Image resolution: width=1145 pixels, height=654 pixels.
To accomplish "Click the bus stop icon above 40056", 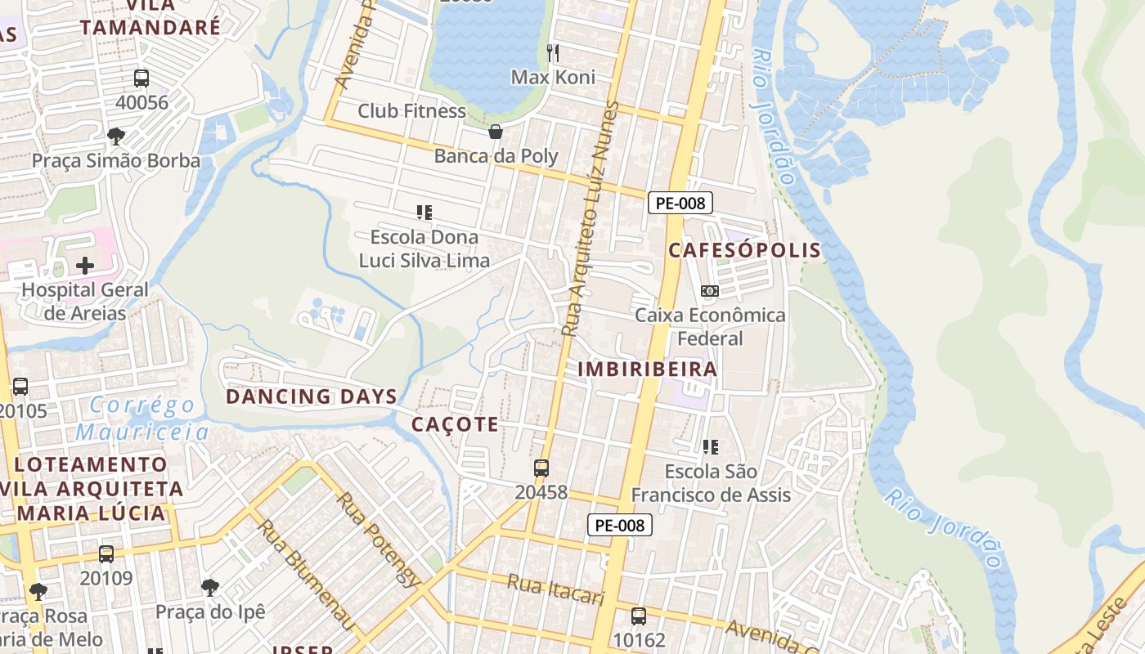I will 141,78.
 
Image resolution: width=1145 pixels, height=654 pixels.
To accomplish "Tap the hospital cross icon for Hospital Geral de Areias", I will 85,266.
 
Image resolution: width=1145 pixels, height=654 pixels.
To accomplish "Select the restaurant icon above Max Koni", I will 553,53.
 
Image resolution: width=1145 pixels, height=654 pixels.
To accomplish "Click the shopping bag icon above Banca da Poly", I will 495,132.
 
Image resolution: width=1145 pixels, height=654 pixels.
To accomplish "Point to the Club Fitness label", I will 411,111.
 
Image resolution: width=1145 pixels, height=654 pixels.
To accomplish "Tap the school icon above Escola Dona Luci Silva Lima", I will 424,213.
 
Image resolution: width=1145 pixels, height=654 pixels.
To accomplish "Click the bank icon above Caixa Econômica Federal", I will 710,290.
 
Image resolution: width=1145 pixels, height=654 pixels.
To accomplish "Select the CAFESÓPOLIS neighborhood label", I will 744,250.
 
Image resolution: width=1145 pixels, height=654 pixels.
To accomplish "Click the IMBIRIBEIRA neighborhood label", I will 648,369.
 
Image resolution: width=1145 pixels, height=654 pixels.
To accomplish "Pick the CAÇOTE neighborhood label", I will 455,424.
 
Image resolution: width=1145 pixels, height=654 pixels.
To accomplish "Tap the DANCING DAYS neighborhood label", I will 312,396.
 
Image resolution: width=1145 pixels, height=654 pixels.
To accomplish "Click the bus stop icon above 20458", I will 541,468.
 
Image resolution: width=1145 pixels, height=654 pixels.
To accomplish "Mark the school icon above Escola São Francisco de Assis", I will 711,446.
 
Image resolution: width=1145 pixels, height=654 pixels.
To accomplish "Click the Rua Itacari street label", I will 555,589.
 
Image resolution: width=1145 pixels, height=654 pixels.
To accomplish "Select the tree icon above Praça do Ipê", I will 210,587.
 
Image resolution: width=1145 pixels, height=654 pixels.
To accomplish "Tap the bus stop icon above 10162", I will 639,616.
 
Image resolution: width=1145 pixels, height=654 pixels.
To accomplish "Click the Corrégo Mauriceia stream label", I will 143,418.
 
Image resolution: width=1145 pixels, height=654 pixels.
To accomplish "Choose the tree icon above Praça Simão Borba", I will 116,136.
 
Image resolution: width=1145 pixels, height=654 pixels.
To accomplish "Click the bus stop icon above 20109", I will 106,553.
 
